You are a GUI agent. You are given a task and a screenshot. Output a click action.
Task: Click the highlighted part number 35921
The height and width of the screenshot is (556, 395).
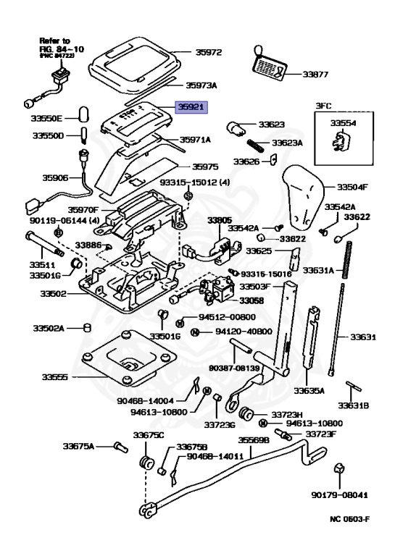tap(191, 106)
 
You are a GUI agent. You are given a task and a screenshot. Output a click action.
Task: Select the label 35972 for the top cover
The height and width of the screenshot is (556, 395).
tap(209, 52)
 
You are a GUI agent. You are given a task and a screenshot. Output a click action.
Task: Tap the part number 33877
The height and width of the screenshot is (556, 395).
tap(315, 75)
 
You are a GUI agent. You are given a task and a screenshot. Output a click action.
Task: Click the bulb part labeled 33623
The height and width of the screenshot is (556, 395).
tap(236, 127)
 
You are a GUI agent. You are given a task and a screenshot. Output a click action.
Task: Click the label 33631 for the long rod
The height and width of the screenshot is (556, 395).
tap(363, 337)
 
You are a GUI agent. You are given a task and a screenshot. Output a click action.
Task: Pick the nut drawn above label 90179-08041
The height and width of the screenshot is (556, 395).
tap(338, 468)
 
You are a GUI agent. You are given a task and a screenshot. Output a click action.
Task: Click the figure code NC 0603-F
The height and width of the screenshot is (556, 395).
tap(349, 520)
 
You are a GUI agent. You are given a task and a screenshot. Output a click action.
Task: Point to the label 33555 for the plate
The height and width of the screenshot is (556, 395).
tap(54, 377)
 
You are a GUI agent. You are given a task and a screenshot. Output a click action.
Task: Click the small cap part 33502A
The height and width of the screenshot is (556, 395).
tap(87, 327)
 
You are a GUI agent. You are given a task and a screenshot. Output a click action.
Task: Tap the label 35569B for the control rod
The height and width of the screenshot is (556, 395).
tap(254, 440)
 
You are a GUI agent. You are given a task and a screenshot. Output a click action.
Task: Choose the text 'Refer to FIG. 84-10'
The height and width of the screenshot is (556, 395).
tap(62, 45)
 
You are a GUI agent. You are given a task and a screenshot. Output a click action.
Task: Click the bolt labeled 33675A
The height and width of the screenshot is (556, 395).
tap(121, 447)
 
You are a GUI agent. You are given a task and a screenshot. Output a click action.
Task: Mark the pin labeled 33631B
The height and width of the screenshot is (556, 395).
tap(354, 386)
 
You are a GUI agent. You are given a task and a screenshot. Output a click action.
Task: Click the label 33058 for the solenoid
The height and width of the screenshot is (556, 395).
tap(251, 300)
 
